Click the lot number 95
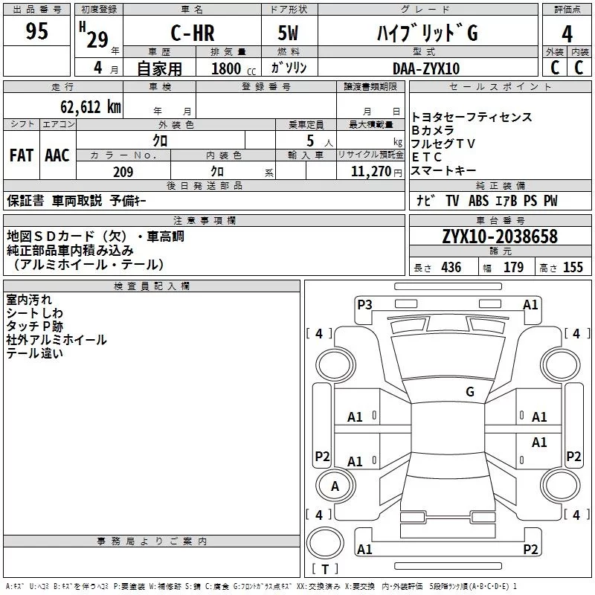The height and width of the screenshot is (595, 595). (x=36, y=30)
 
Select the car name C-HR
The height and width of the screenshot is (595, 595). (x=193, y=33)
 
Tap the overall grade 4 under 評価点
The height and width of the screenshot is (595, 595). (x=567, y=34)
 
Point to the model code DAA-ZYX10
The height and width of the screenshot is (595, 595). (x=425, y=68)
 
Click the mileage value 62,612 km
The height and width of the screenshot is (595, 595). (x=91, y=106)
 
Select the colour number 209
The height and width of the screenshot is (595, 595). (x=123, y=172)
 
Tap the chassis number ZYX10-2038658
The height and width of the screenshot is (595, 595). (x=500, y=237)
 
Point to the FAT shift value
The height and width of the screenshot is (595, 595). (x=22, y=155)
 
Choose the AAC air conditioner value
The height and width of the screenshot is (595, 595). (x=57, y=155)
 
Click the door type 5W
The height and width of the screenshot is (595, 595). (x=288, y=33)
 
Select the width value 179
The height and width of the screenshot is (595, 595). (x=513, y=267)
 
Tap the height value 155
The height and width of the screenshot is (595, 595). (x=573, y=267)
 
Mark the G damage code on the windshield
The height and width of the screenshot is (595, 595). (x=470, y=391)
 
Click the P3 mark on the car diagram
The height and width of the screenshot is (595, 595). (x=364, y=304)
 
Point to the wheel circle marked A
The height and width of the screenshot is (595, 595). (x=335, y=486)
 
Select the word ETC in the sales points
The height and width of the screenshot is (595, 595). (x=426, y=157)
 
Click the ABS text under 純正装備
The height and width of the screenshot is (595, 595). (x=478, y=200)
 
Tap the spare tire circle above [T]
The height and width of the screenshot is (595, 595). (x=325, y=542)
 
